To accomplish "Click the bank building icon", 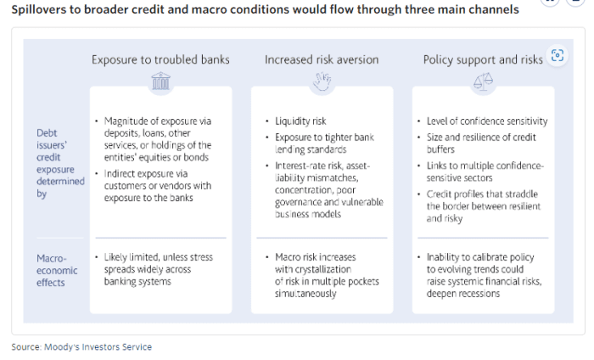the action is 161,81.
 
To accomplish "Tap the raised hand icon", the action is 322,82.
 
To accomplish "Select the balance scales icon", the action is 484,82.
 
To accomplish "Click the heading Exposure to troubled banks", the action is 160,59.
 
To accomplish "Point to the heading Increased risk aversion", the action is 322,59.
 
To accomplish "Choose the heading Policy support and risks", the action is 483,59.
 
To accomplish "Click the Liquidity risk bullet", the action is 300,121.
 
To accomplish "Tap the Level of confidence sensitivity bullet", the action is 487,121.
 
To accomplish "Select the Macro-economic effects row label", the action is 57,271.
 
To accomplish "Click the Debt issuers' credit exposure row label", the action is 60,163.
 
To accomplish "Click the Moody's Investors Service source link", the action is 98,346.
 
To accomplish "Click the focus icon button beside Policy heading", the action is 558,55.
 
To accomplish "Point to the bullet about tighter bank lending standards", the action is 325,143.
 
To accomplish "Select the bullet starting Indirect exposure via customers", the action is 158,186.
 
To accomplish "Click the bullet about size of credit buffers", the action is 481,143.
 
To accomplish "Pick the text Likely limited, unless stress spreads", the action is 159,269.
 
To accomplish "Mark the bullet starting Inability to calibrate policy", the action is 485,275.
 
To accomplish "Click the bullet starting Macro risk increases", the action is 327,275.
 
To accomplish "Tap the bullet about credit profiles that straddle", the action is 484,206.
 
